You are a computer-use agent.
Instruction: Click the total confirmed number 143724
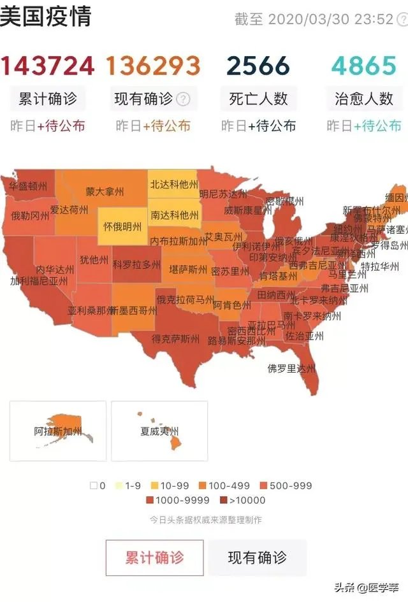click(47, 66)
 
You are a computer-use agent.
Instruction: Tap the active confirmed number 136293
click(153, 66)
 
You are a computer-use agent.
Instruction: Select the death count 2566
click(258, 66)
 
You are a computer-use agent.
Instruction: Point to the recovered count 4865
click(364, 66)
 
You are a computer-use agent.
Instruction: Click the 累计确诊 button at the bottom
click(154, 557)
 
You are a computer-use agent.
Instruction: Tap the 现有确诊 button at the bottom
click(258, 557)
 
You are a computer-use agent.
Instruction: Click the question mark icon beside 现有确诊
click(183, 99)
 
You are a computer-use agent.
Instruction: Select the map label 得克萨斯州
click(175, 339)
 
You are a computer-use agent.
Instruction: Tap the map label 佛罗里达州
click(291, 368)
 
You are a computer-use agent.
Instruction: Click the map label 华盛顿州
click(27, 186)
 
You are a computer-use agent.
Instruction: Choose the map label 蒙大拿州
click(105, 191)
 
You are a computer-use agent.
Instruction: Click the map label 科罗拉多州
click(136, 264)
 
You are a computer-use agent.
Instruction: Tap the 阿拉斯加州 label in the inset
click(58, 431)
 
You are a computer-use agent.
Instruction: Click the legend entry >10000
click(243, 500)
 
